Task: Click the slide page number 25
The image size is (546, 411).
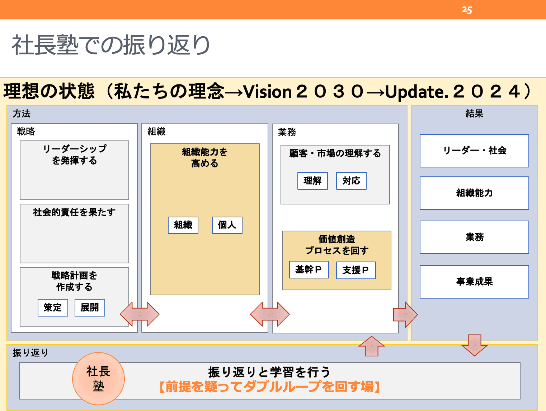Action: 467,10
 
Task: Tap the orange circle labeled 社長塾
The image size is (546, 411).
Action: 98,379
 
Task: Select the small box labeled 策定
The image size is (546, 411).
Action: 53,308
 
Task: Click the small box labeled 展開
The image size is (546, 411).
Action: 90,308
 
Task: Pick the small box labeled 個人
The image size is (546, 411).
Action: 227,225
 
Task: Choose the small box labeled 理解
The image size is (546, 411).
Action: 312,181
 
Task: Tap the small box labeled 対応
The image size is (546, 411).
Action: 351,181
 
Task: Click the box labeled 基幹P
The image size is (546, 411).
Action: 309,269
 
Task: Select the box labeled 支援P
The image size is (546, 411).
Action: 356,270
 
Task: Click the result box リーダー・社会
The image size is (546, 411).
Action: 474,151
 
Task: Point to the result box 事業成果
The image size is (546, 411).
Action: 474,282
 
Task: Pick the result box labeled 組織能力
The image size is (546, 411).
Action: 474,193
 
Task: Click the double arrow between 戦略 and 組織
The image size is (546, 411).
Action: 140,314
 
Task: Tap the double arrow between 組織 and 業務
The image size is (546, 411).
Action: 270,314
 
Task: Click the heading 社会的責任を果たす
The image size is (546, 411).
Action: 74,212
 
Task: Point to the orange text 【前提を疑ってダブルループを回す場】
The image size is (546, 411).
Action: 269,387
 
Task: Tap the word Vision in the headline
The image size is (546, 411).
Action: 267,92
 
